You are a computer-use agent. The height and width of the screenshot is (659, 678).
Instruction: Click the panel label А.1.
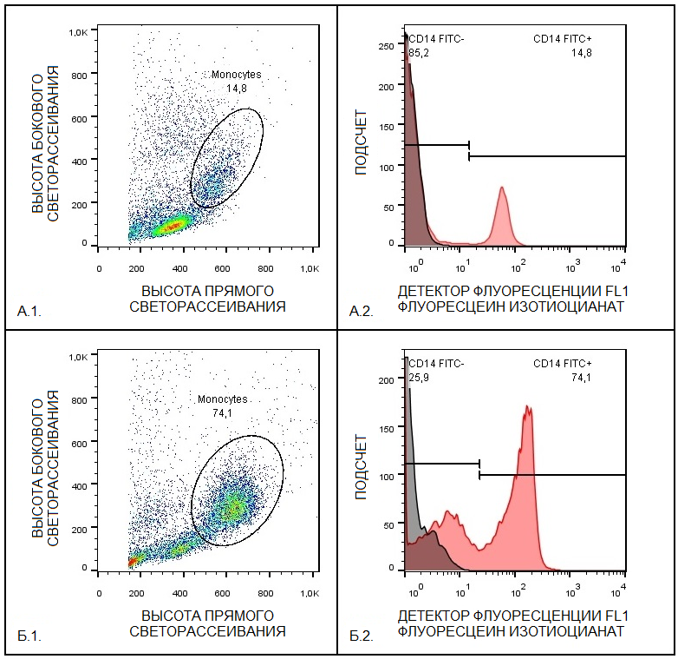pyautogui.click(x=29, y=309)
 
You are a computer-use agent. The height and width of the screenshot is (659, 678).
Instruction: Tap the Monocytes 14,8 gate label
pyautogui.click(x=236, y=81)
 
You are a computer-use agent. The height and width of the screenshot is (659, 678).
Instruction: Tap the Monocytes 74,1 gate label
pyautogui.click(x=222, y=406)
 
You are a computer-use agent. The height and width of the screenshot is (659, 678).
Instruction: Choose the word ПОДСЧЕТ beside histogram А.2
pyautogui.click(x=361, y=142)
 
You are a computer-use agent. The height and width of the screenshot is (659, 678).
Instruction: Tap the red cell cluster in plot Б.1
pyautogui.click(x=133, y=562)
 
